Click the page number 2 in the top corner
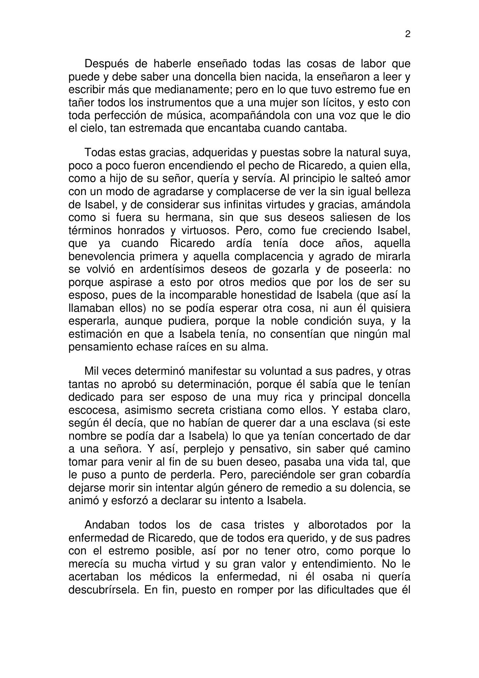pos(408,34)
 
